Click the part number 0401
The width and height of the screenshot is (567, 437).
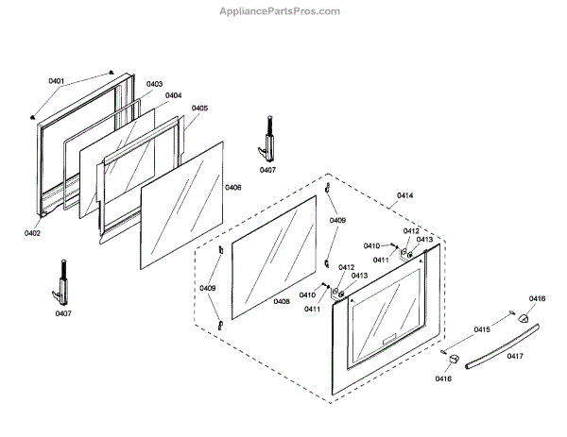57,81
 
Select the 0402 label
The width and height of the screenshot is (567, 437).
33,231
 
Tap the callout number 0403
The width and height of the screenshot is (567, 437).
154,84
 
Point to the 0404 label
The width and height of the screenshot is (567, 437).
173,95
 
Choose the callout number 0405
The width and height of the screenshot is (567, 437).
199,109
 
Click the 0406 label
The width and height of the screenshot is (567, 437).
232,188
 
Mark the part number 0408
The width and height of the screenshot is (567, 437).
282,301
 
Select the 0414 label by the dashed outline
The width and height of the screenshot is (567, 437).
405,195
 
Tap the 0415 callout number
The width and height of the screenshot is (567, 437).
482,329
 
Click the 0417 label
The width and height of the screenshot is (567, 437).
515,356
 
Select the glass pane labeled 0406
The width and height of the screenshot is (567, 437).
184,203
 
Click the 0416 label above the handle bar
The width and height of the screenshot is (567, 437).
537,298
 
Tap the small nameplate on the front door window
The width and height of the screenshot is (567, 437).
389,339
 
